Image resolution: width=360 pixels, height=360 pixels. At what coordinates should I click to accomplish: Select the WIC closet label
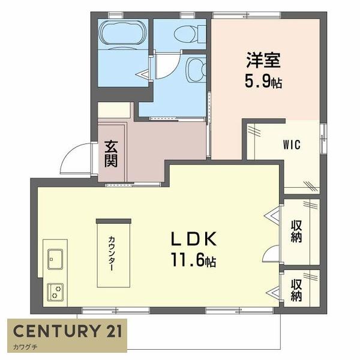tap(292, 145)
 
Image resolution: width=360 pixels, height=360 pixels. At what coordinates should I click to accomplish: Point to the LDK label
tap(194, 239)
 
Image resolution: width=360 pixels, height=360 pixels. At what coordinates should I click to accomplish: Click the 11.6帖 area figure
tap(194, 261)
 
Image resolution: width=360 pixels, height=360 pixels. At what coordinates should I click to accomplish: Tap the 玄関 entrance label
tap(110, 154)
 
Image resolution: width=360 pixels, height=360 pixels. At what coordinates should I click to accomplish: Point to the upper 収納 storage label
tap(296, 230)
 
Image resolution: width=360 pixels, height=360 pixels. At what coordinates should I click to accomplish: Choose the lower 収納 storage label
tap(296, 290)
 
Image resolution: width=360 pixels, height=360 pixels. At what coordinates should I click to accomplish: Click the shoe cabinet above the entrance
tap(114, 110)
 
